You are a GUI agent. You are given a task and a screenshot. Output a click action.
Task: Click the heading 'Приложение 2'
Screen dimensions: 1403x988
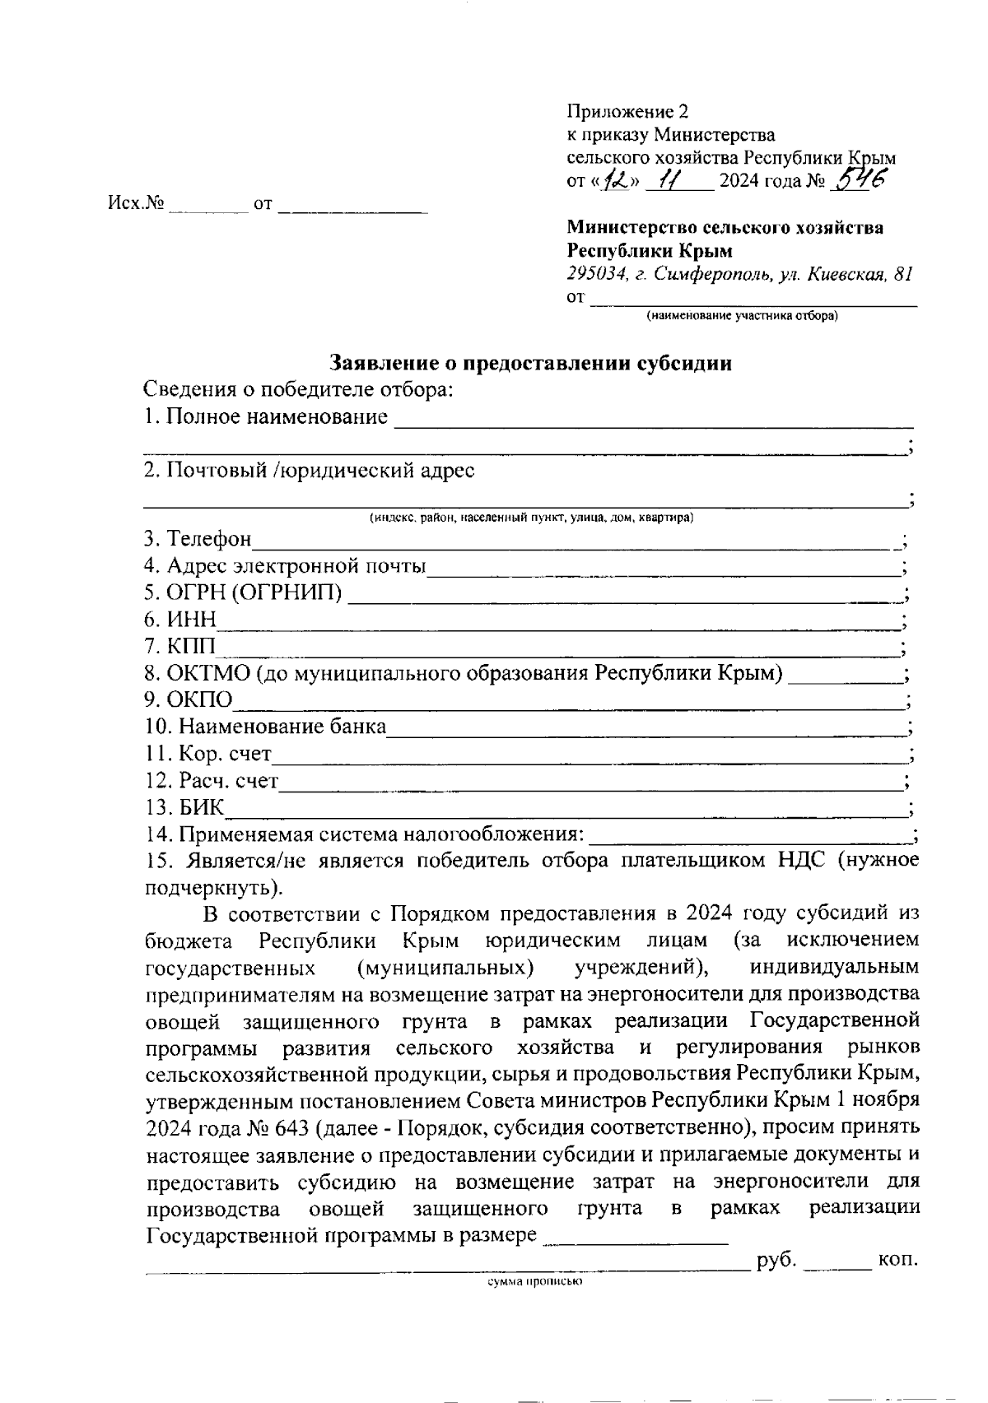[x=627, y=112]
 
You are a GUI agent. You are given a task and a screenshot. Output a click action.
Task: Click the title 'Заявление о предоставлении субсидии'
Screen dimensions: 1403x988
[x=531, y=363]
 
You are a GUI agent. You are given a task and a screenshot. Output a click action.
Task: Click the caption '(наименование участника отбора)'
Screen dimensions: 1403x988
[x=742, y=315]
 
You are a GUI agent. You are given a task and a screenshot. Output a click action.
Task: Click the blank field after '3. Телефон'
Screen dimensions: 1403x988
[x=576, y=541]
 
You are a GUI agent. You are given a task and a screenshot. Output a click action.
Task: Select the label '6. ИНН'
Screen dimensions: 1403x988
[x=179, y=620]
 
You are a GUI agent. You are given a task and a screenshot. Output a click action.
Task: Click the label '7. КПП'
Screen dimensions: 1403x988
[x=179, y=647]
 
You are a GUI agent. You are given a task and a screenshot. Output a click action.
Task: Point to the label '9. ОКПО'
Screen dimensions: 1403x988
[x=188, y=700]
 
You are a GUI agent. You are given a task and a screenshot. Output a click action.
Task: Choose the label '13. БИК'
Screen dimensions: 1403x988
[x=184, y=807]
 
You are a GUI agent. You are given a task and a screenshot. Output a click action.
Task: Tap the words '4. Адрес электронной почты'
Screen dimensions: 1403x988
[x=285, y=566]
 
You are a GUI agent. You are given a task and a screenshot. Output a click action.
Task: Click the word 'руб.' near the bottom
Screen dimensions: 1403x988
[x=775, y=1260]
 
